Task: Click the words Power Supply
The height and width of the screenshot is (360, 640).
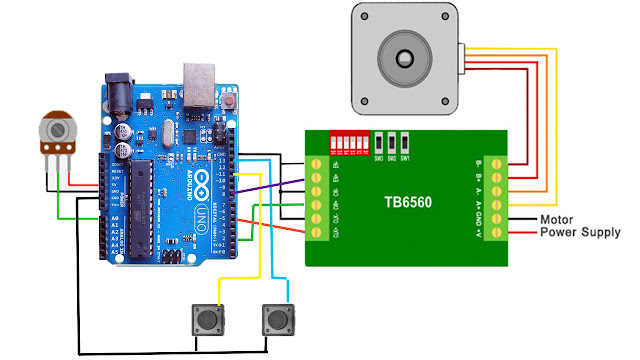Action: coord(580,232)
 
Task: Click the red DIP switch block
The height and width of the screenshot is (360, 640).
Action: coord(352,142)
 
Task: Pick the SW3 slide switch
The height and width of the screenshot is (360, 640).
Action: coord(379,142)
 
